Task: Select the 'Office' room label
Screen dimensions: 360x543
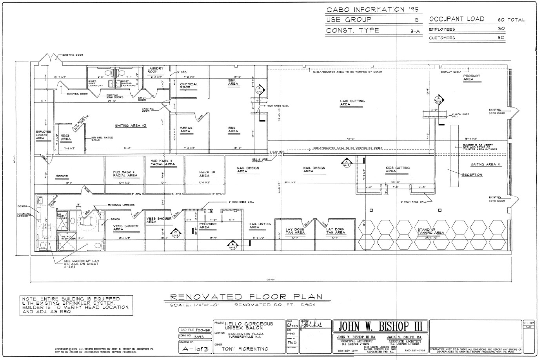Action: pyautogui.click(x=62, y=176)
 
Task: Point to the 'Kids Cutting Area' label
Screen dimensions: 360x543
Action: pyautogui.click(x=397, y=169)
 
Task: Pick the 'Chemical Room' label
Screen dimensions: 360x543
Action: pyautogui.click(x=189, y=85)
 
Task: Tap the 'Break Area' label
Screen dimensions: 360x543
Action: pyautogui.click(x=186, y=129)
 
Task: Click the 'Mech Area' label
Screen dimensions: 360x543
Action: pyautogui.click(x=65, y=137)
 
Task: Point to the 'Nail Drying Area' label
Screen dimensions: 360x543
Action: pyautogui.click(x=260, y=225)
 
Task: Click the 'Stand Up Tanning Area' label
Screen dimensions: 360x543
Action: pyautogui.click(x=430, y=231)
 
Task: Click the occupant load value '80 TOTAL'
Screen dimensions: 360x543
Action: pyautogui.click(x=510, y=20)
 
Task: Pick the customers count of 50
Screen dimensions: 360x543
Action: pyautogui.click(x=501, y=38)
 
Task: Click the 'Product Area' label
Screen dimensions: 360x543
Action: pyautogui.click(x=471, y=78)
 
